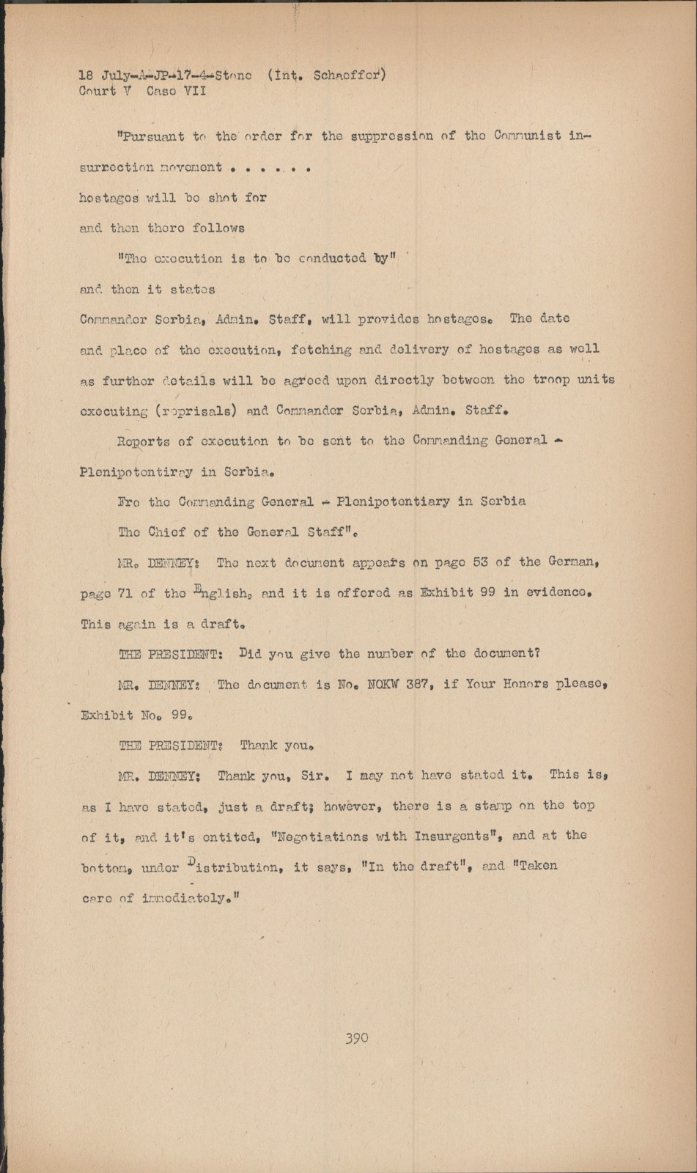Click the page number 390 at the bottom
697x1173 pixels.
[356, 1037]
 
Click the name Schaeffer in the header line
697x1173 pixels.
[350, 75]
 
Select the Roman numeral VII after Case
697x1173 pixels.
[193, 92]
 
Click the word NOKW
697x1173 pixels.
[382, 684]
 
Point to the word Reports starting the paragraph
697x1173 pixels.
[143, 441]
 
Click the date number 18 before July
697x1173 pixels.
[86, 75]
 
